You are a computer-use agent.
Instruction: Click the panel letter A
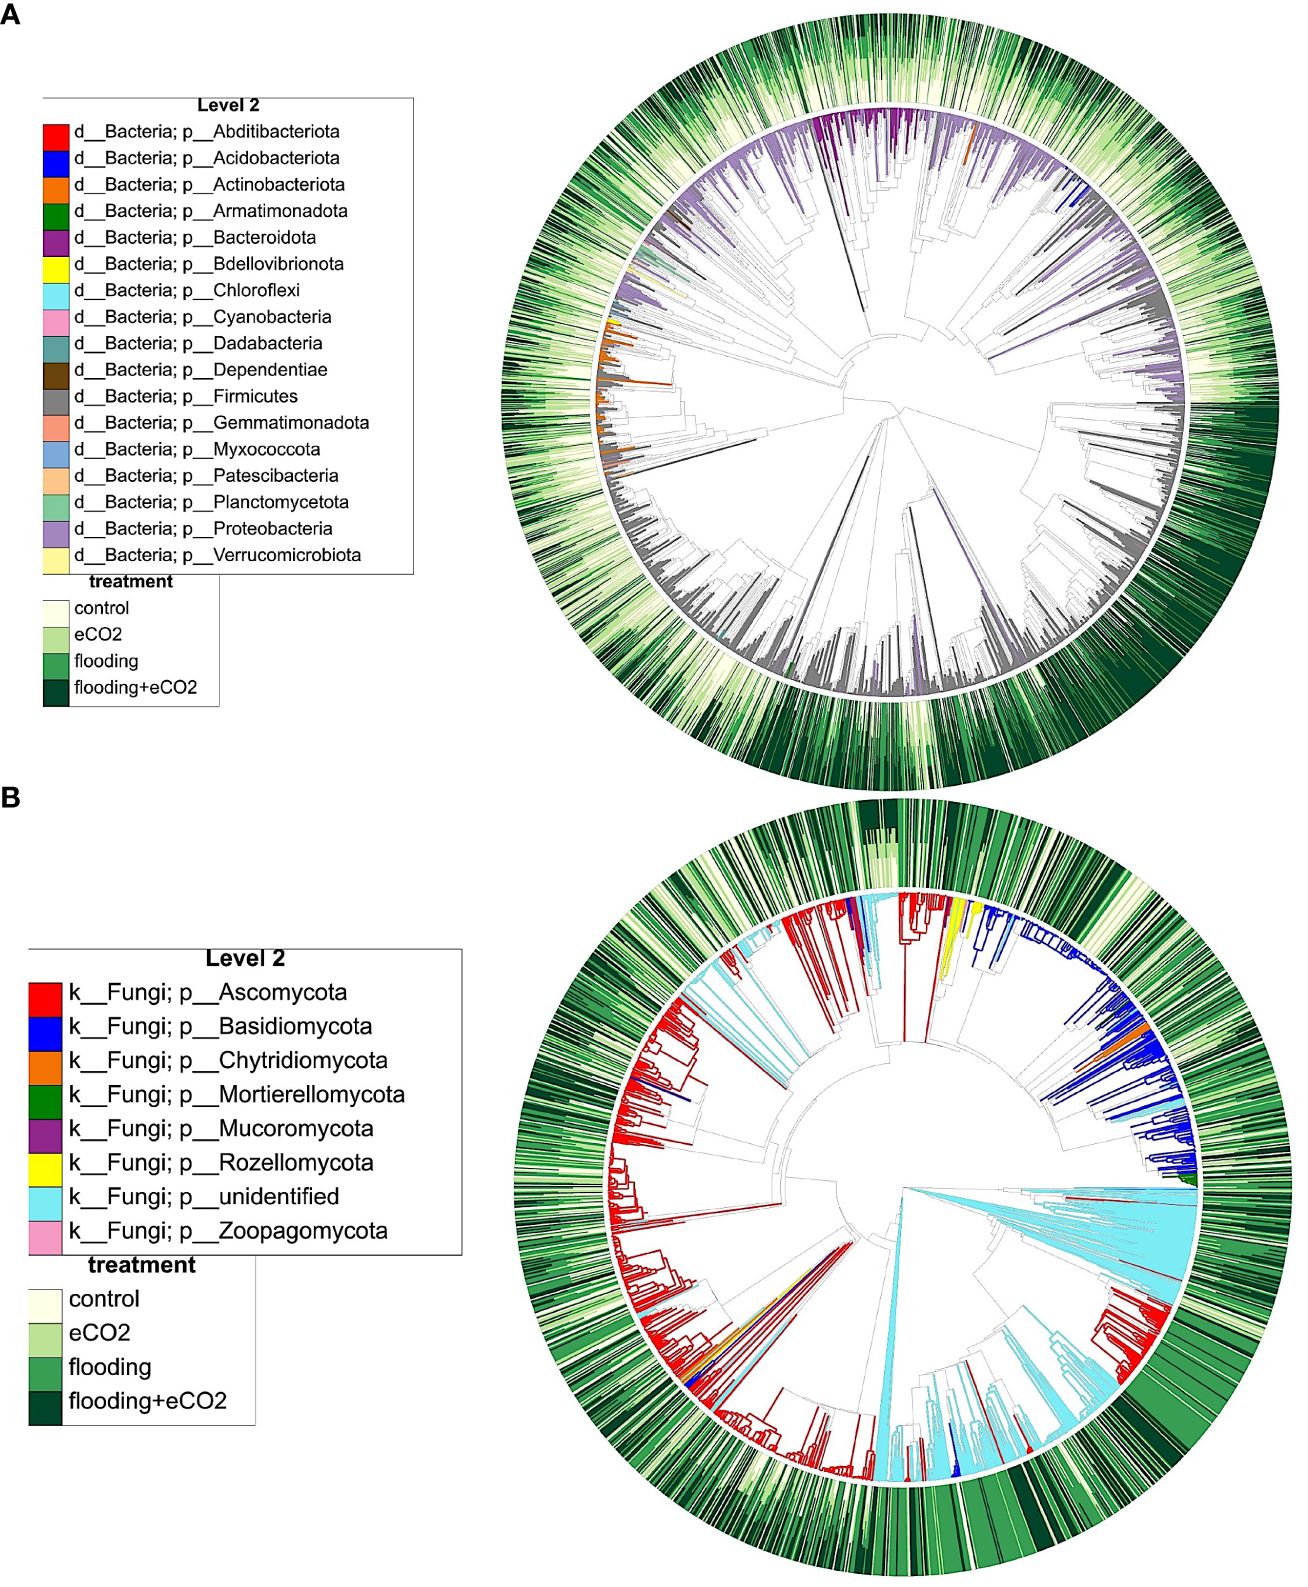[10, 15]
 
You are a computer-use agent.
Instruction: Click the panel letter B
[10, 797]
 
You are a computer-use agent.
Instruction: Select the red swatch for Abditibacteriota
[56, 132]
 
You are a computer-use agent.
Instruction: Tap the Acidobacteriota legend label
[206, 158]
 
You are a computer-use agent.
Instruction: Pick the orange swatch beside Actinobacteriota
[56, 185]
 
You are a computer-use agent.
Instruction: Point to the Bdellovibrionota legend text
[208, 264]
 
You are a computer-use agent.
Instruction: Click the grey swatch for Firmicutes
[56, 397]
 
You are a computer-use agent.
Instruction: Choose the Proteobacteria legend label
[203, 529]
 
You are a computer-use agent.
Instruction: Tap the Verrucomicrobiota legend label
[217, 555]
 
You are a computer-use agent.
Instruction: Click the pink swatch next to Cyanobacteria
[56, 317]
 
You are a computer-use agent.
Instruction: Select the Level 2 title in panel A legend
[228, 105]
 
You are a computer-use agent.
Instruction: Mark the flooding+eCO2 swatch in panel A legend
[56, 688]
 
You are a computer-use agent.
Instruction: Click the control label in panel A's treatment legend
[101, 608]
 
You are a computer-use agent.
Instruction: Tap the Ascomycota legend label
[208, 993]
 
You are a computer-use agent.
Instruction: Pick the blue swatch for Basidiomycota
[45, 1027]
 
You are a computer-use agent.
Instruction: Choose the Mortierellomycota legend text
[237, 1095]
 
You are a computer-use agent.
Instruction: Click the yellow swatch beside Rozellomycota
[45, 1163]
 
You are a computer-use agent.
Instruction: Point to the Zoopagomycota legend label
[228, 1231]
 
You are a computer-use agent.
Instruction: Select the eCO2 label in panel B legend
[99, 1333]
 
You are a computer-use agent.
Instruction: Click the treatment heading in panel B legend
[141, 1265]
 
